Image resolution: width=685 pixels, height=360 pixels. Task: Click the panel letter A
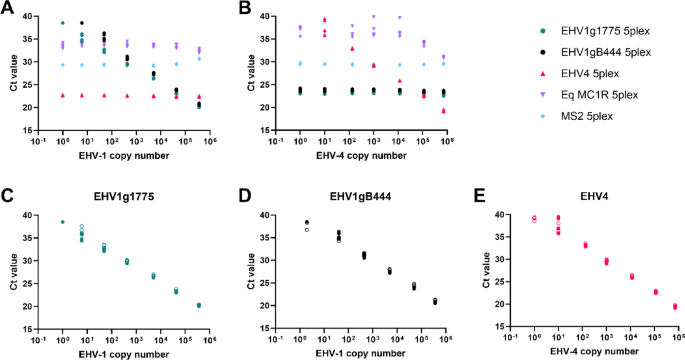coord(8,8)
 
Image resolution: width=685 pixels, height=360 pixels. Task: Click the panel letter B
coord(243,8)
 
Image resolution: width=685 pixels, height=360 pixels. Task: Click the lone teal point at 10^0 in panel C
coord(63,222)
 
